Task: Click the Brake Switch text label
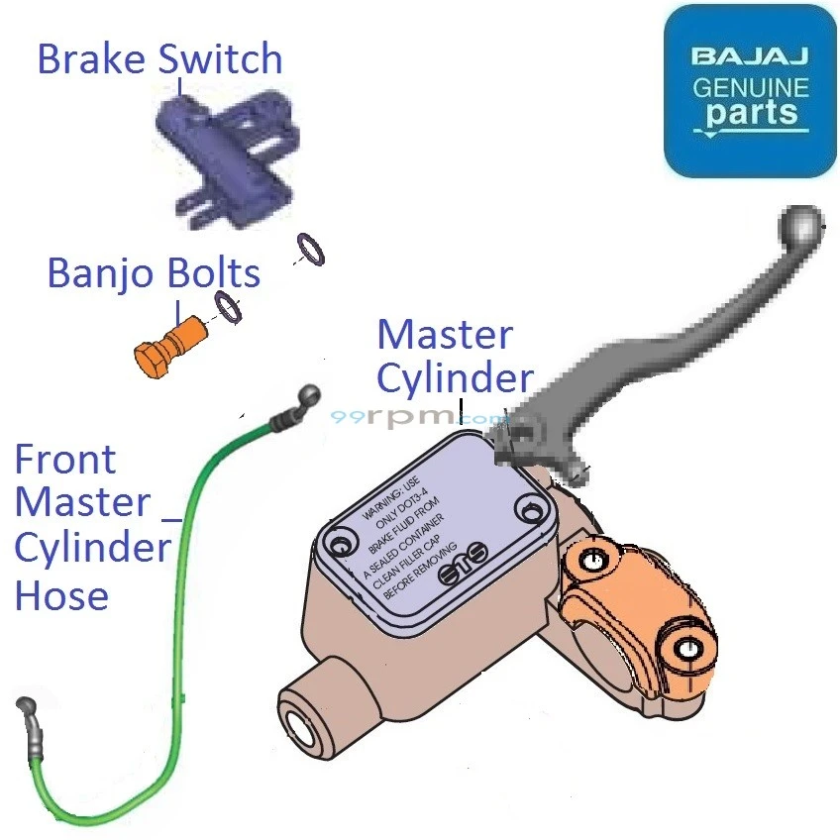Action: click(159, 59)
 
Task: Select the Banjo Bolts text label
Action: click(155, 273)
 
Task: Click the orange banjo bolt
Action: click(164, 350)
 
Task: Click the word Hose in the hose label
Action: click(61, 595)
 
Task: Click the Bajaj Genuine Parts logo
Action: click(750, 91)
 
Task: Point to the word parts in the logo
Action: click(751, 112)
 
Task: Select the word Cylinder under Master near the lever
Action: click(455, 378)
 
